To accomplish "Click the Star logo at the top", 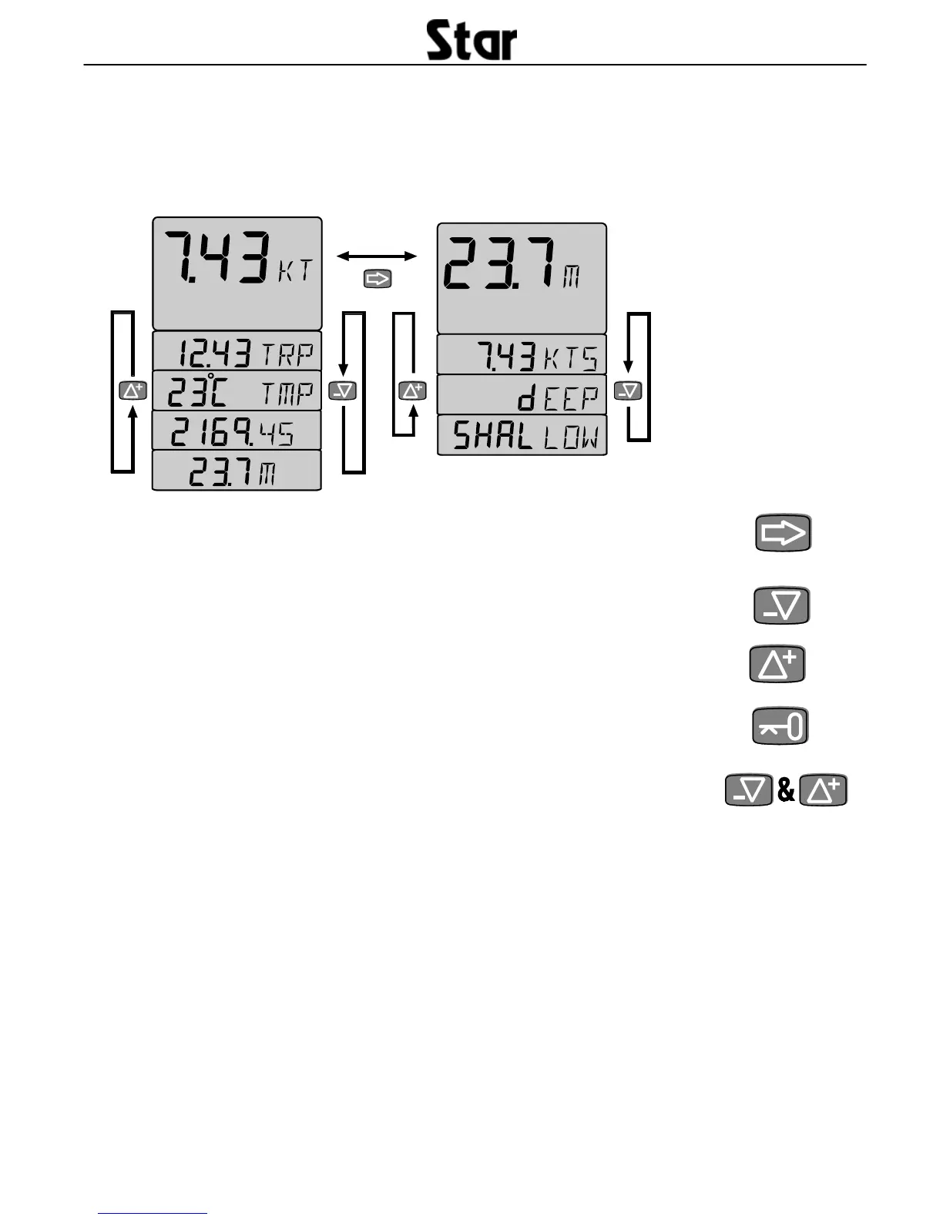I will (x=471, y=42).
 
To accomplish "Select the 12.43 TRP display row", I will (x=237, y=354).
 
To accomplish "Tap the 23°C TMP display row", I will (x=237, y=392).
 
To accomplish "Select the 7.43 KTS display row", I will (x=522, y=356).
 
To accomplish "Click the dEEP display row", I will (x=522, y=396).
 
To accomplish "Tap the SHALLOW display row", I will (x=522, y=436).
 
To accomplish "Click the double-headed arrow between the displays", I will (x=378, y=255).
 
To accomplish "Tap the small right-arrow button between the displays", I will (x=378, y=278).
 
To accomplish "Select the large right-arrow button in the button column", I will (x=783, y=533).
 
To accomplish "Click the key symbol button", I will (x=780, y=726).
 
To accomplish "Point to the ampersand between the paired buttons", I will (x=786, y=790).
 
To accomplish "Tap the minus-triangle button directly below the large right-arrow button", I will (x=782, y=606).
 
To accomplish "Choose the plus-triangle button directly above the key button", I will (x=778, y=664).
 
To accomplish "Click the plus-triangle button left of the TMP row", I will (x=133, y=390).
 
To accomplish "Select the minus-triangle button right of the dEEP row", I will (x=628, y=391).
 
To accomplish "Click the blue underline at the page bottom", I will (x=153, y=1213).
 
